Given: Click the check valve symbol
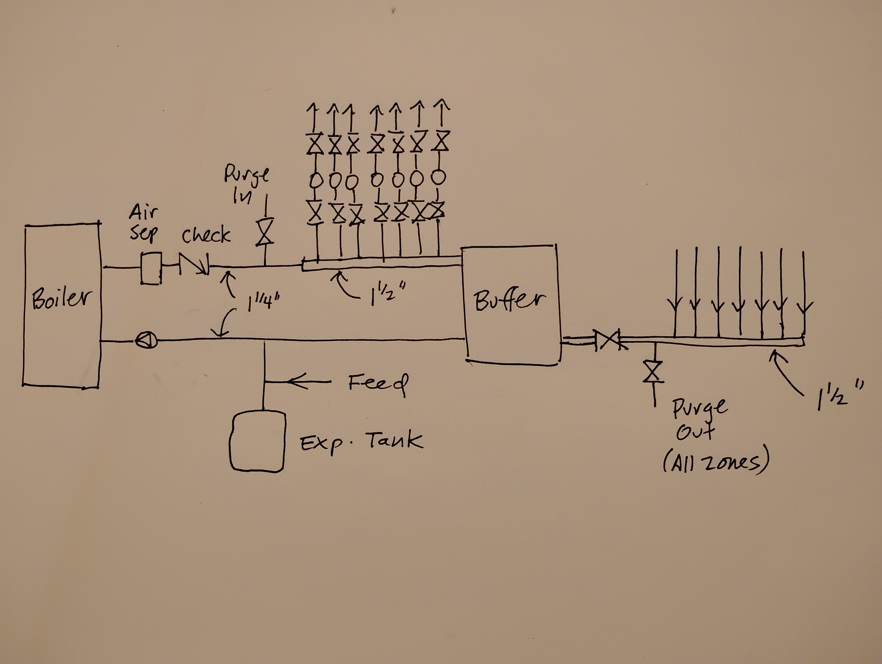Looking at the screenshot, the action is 194,265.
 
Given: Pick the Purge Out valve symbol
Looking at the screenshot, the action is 653,372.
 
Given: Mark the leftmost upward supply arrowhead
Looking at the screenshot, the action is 313,108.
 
